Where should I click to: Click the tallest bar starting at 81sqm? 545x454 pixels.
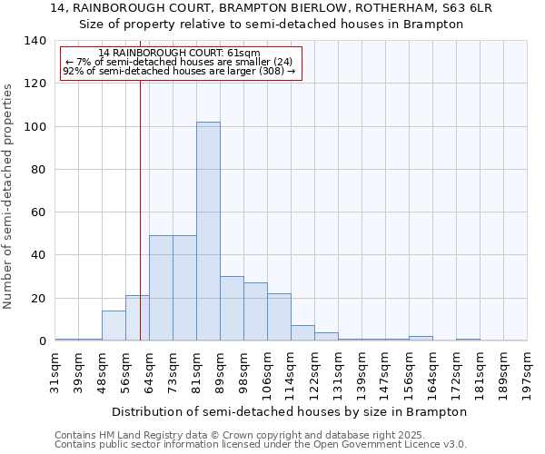coord(208,231)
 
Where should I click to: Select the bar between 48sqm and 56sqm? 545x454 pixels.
coord(114,325)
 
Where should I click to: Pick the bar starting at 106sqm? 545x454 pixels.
coord(279,317)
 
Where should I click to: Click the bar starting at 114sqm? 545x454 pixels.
coord(302,332)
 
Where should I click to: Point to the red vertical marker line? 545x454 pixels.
coord(140,209)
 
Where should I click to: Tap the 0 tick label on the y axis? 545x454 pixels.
coord(42,341)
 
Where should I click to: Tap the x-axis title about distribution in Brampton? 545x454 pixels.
coord(291,411)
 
